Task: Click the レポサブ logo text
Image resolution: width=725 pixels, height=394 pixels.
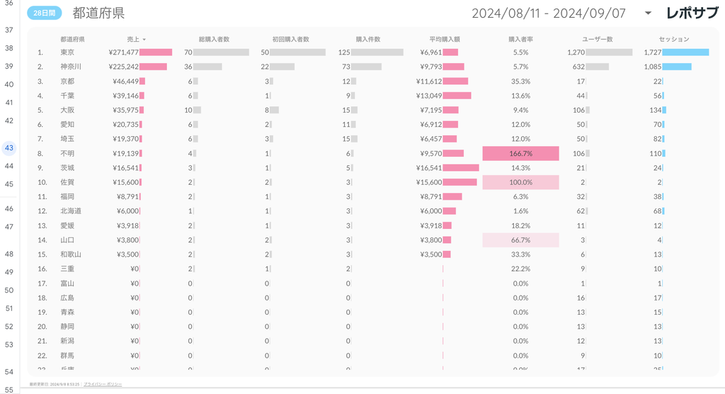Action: coord(692,13)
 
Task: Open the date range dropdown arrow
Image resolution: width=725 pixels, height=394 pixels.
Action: coord(647,13)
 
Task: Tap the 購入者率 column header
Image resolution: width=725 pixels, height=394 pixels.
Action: coord(520,39)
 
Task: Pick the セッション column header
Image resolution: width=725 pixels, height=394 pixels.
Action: coord(673,39)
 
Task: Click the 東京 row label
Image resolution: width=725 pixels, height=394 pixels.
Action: coord(68,52)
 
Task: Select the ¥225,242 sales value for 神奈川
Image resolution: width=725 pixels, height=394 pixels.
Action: coord(124,67)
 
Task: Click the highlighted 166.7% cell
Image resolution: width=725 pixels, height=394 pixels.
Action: coord(520,153)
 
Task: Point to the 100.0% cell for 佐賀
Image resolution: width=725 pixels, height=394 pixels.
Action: coord(520,182)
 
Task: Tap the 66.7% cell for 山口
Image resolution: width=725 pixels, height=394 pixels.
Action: coord(520,240)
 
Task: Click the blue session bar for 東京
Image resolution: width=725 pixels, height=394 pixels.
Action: coord(685,52)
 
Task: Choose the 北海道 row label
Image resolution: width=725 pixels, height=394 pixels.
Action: coord(71,211)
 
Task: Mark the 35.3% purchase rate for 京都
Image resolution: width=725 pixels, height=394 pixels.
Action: coord(520,81)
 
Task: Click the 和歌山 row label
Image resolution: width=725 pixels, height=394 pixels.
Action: coord(71,254)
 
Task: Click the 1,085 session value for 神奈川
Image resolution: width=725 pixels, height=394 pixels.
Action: coord(652,67)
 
